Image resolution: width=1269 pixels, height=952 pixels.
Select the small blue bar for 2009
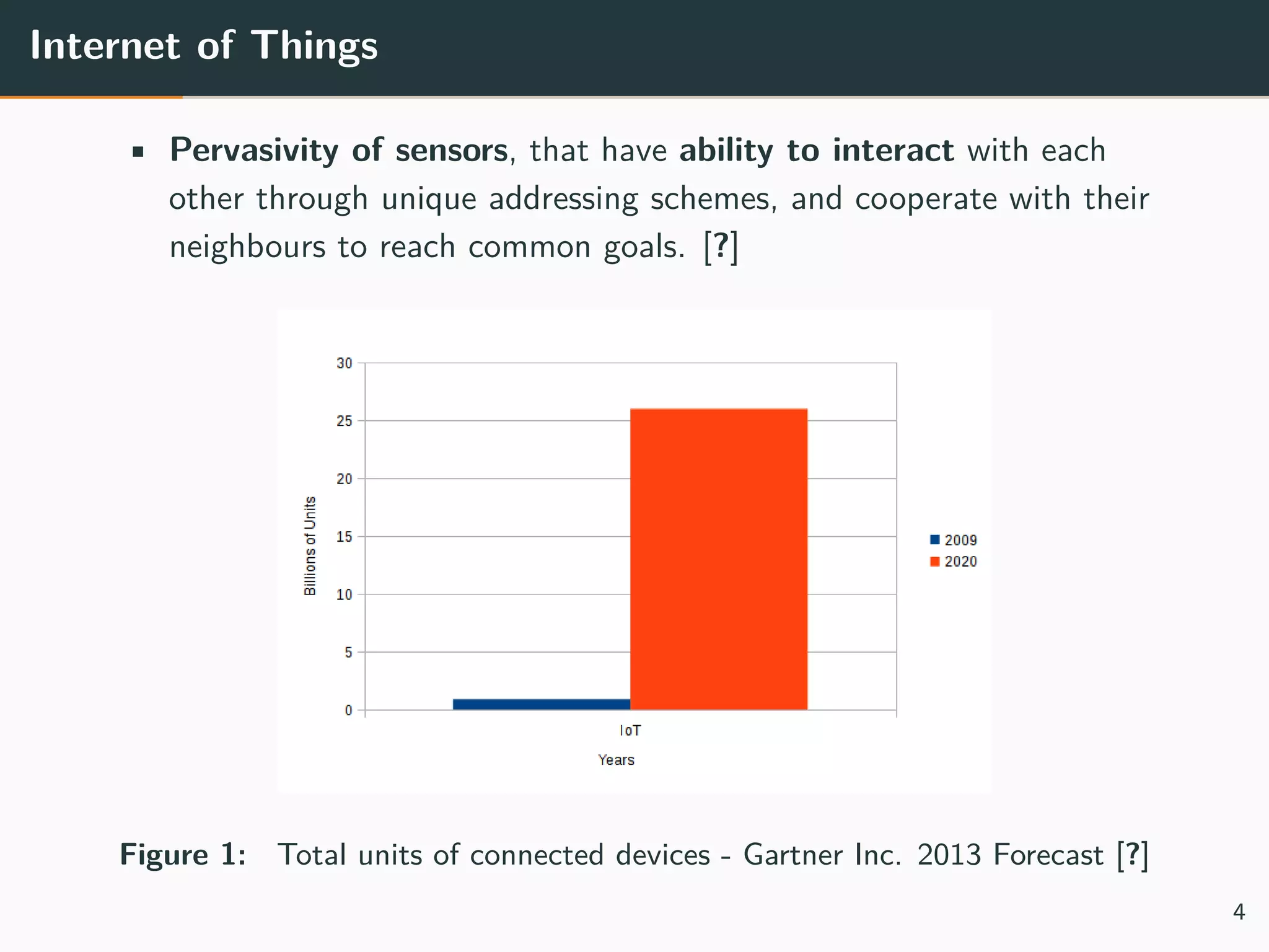click(x=541, y=704)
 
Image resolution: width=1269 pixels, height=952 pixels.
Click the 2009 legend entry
click(x=954, y=540)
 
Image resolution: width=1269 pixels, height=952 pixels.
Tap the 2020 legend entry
click(x=954, y=562)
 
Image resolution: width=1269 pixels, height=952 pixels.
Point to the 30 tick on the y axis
click(x=344, y=363)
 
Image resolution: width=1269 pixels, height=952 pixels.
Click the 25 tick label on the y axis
click(x=344, y=421)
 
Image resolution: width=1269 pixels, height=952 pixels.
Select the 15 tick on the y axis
click(x=344, y=537)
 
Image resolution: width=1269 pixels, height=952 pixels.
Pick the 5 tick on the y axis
click(x=348, y=653)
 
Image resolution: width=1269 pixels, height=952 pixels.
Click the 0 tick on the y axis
click(x=348, y=710)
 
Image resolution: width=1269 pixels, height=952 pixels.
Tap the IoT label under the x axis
click(x=630, y=731)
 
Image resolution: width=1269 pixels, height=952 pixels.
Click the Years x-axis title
click(x=616, y=760)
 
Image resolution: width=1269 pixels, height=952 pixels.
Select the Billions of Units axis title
click(x=310, y=545)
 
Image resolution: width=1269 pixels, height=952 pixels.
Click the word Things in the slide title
click(x=314, y=46)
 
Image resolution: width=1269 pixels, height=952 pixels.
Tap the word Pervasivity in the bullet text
click(x=254, y=151)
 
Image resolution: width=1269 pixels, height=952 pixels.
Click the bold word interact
click(x=892, y=151)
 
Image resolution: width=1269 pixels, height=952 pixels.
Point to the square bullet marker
click(x=138, y=152)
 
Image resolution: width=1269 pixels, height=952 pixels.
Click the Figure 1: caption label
click(x=183, y=855)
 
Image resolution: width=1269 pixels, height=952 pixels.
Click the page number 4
click(x=1239, y=912)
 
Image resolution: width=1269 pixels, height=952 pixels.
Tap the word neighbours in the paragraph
click(x=247, y=247)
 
